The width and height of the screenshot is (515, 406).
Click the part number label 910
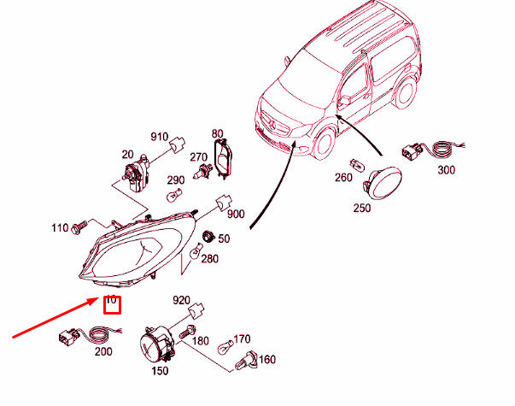160,137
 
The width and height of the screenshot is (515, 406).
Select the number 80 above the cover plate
217,134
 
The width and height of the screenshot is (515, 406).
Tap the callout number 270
199,157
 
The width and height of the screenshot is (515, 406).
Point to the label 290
175,180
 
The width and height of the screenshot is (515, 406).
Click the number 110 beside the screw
59,228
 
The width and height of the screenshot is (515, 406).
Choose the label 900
236,214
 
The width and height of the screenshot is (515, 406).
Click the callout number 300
446,170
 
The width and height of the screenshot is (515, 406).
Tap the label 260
343,178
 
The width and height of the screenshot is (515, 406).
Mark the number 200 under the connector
102,351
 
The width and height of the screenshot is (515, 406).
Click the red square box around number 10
111,303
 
